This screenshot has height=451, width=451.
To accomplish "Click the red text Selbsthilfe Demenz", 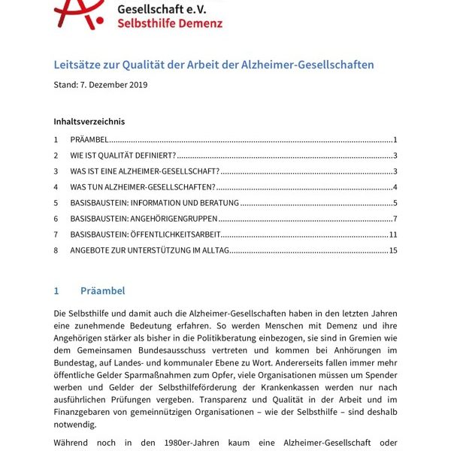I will coord(170,23).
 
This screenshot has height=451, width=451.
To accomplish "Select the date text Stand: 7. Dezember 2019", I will coord(101,84).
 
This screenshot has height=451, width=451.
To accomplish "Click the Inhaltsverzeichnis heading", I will coord(89,121).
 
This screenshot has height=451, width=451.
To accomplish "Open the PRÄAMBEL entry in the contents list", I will coord(89,140).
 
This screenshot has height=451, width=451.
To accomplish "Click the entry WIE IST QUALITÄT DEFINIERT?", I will coord(123,156).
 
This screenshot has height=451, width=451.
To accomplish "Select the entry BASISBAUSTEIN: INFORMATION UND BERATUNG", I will coord(154,203).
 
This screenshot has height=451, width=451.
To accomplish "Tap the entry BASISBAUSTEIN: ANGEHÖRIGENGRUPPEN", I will coord(144,219).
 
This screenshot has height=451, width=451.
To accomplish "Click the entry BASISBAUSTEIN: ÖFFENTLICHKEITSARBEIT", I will coord(146,235).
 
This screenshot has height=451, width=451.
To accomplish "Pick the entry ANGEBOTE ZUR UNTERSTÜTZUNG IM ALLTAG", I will coord(150,250).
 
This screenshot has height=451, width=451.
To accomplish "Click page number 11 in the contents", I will coord(392,235).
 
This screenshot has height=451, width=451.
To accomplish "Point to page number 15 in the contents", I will coord(392,250).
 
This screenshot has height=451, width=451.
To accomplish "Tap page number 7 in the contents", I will coord(395,219).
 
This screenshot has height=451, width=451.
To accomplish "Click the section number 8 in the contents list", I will coord(56,250).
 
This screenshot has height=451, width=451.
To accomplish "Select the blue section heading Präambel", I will coord(102,291).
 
